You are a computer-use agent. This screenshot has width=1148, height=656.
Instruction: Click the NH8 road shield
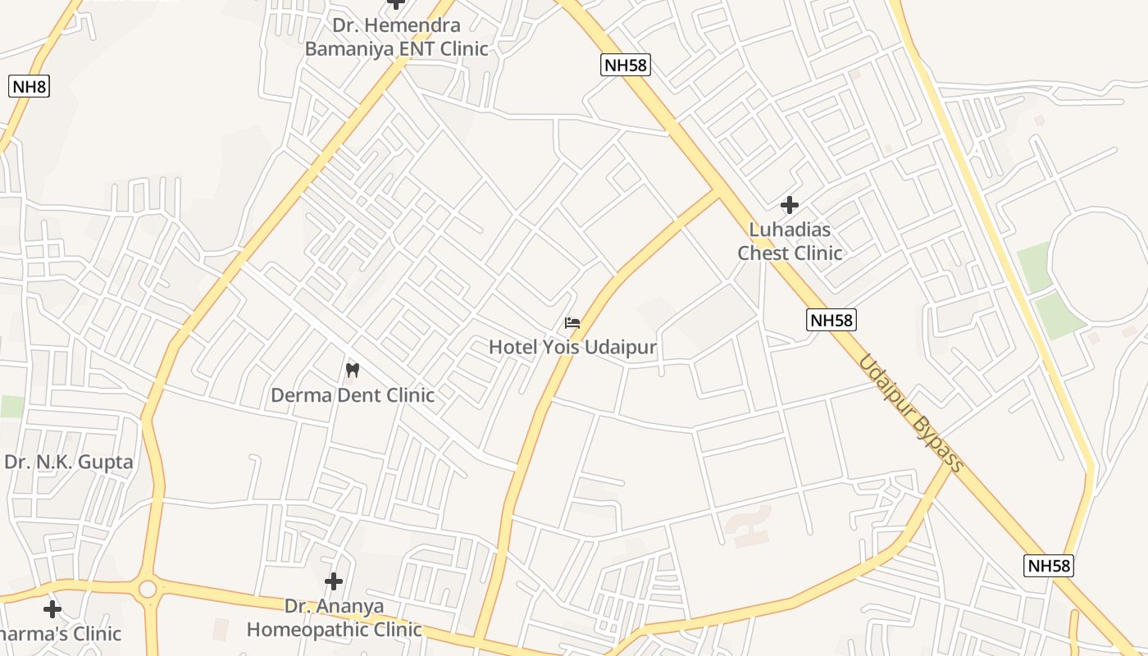(x=29, y=85)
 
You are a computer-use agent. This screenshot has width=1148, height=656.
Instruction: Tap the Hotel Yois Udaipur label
(x=572, y=347)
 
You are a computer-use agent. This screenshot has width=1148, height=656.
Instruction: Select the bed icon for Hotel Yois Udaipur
(x=572, y=323)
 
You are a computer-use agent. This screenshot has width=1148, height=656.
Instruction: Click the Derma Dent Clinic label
(x=353, y=395)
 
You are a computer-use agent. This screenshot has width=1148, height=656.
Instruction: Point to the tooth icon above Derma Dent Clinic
(x=353, y=370)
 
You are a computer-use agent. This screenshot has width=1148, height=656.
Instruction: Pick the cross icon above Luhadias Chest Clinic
(x=790, y=204)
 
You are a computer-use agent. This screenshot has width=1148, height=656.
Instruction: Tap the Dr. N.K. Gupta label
(x=69, y=462)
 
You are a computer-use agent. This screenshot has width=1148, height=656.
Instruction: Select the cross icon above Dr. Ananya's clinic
(x=334, y=581)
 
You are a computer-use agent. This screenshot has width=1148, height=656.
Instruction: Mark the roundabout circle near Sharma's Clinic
(x=148, y=589)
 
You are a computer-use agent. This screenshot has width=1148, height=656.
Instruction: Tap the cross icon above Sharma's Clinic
(x=52, y=609)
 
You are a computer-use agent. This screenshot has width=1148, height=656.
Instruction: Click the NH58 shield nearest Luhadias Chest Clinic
(x=831, y=320)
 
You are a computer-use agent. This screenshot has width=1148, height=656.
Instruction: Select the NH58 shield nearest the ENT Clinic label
(x=626, y=66)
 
